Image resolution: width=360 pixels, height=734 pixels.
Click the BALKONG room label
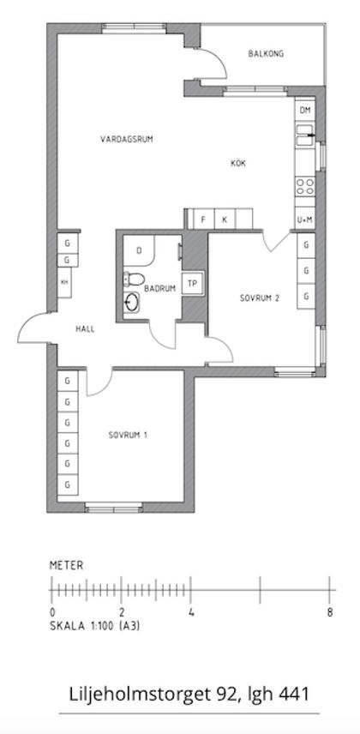click(x=266, y=54)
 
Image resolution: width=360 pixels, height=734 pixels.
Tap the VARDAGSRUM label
click(x=126, y=139)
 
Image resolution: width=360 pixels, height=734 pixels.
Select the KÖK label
click(x=237, y=164)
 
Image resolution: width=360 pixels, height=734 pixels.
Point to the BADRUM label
click(x=160, y=289)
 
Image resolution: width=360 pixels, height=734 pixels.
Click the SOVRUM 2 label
click(x=260, y=298)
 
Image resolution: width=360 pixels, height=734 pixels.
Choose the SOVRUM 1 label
click(x=128, y=436)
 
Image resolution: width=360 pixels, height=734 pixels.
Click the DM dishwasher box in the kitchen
click(x=304, y=111)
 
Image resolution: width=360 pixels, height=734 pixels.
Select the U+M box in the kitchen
click(x=304, y=220)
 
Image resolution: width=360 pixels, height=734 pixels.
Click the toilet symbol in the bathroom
click(x=133, y=278)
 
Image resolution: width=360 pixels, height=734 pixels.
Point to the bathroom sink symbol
click(x=133, y=302)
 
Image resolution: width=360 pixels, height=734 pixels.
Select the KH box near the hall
click(x=64, y=282)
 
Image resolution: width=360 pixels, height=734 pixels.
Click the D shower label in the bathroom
click(x=139, y=251)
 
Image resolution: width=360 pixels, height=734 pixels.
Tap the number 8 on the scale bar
click(x=329, y=612)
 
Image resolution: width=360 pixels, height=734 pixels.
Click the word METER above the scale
click(x=67, y=566)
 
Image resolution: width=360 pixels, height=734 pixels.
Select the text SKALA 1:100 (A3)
click(x=95, y=626)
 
